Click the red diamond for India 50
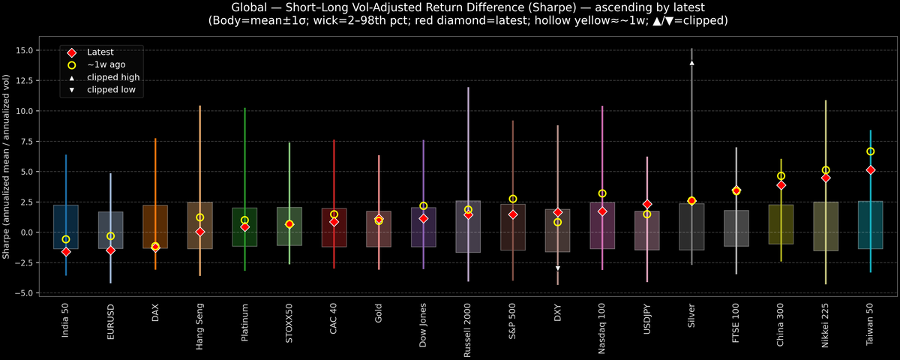pyautogui.click(x=66, y=252)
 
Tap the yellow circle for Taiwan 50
pyautogui.click(x=870, y=151)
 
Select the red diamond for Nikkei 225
pyautogui.click(x=826, y=178)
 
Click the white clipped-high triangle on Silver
pyautogui.click(x=691, y=63)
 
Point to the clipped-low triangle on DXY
pyautogui.click(x=557, y=268)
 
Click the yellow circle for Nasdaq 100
pyautogui.click(x=602, y=193)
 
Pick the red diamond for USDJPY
pyautogui.click(x=647, y=204)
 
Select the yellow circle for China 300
pyautogui.click(x=781, y=176)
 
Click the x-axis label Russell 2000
pyautogui.click(x=468, y=328)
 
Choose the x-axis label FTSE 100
pyautogui.click(x=736, y=322)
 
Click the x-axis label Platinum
pyautogui.click(x=244, y=322)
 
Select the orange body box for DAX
pyautogui.click(x=155, y=226)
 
